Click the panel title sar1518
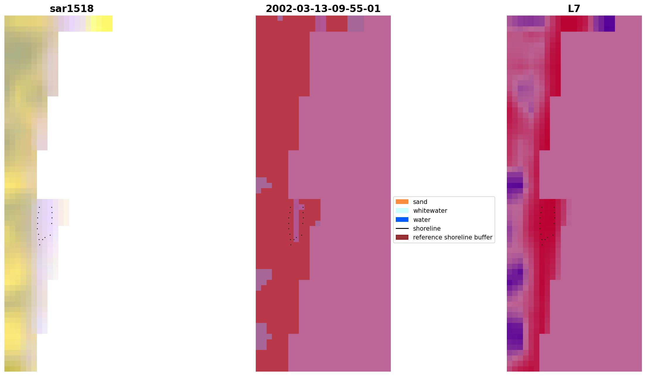click(72, 9)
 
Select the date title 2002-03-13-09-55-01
click(323, 9)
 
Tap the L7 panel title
click(574, 9)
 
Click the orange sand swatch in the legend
click(402, 202)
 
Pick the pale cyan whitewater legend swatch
click(402, 210)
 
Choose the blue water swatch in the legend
click(402, 220)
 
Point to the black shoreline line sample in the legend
click(402, 228)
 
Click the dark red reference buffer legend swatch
click(402, 237)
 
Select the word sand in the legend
click(420, 202)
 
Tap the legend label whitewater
click(430, 211)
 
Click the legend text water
click(422, 220)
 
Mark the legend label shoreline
click(427, 229)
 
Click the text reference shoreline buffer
click(452, 237)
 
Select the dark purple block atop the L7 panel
click(609, 23)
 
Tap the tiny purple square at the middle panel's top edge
click(280, 18)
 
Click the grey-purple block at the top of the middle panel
click(355, 23)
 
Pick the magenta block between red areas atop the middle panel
click(321, 23)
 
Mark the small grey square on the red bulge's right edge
click(318, 223)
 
